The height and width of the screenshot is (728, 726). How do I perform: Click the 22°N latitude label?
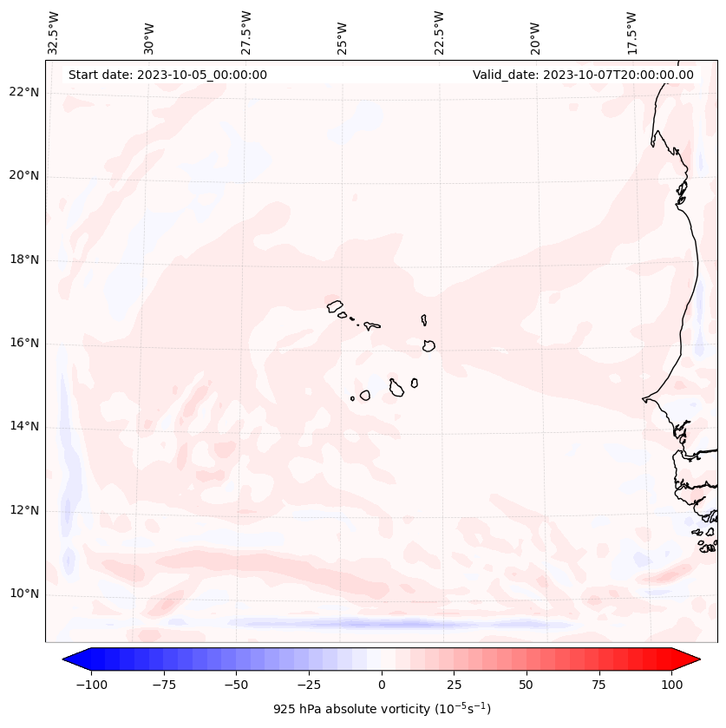(x=24, y=93)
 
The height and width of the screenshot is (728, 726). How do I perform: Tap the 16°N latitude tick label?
(x=24, y=344)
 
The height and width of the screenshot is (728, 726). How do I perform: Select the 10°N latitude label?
(x=24, y=594)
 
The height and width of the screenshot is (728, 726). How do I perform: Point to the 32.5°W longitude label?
(x=54, y=33)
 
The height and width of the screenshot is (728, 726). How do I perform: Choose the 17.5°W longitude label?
(x=631, y=33)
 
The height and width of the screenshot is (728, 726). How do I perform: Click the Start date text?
(x=167, y=75)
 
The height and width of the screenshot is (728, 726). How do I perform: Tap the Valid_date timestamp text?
(x=583, y=75)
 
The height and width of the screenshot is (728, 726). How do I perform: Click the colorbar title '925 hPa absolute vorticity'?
(x=382, y=710)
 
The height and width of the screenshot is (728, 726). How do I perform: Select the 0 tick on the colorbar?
(x=382, y=685)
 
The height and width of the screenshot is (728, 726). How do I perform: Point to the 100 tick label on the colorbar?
(x=671, y=685)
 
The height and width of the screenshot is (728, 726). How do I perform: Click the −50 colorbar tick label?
(x=236, y=685)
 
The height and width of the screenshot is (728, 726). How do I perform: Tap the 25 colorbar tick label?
(x=454, y=685)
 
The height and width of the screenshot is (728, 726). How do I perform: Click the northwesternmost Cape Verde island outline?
(x=335, y=306)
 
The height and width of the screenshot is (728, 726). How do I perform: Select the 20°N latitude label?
(x=24, y=176)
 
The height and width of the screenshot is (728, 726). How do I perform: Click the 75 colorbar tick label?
(x=598, y=685)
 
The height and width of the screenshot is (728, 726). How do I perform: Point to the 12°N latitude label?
(x=24, y=510)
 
